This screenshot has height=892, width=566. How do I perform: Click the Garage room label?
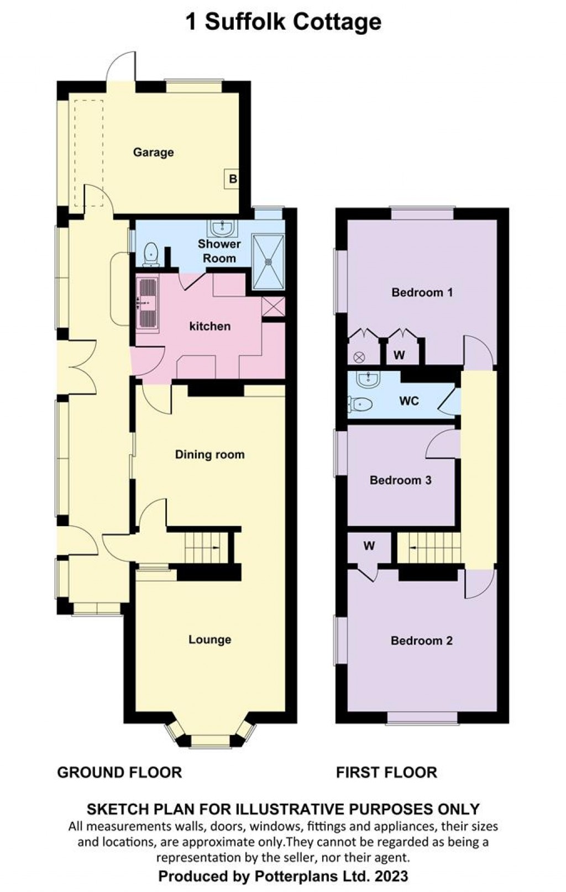(x=153, y=153)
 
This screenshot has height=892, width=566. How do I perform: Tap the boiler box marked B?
(x=232, y=179)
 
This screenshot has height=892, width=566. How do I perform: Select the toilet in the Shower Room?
(x=151, y=254)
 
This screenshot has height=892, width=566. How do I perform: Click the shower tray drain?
(x=269, y=262)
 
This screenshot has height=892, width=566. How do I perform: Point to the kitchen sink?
(x=148, y=304)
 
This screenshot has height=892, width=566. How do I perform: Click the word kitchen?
(x=210, y=327)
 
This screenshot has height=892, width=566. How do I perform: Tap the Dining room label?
(x=210, y=455)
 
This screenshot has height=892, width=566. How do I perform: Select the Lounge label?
(x=210, y=639)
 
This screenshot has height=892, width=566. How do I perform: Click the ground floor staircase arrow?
(x=216, y=548)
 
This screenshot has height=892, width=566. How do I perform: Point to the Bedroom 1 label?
(x=422, y=293)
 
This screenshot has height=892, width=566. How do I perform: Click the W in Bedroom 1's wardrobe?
(x=399, y=355)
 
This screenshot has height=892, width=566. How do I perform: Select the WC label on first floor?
(x=409, y=401)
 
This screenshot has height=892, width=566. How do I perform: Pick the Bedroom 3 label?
(x=401, y=480)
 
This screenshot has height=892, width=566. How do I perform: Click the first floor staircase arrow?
(x=413, y=548)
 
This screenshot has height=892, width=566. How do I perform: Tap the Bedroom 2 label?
(x=422, y=641)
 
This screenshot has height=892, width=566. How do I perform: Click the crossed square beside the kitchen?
(x=273, y=307)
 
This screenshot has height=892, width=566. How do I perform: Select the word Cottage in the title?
(x=337, y=22)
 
